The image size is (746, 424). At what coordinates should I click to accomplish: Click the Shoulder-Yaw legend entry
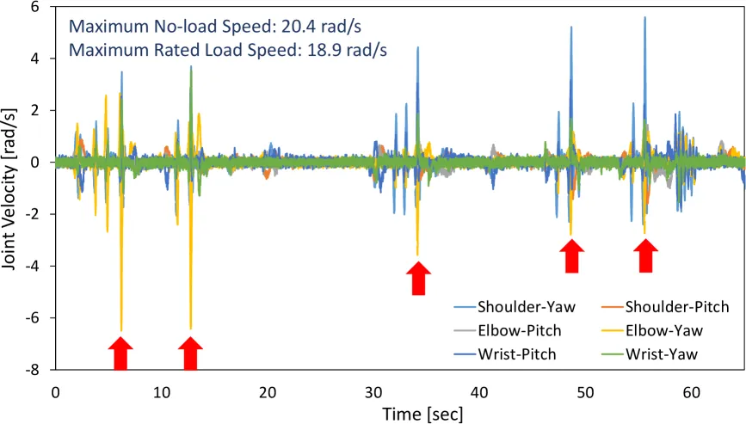tap(515, 307)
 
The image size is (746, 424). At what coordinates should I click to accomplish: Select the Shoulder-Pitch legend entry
tap(665, 307)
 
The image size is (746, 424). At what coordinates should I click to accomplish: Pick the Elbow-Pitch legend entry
tap(508, 331)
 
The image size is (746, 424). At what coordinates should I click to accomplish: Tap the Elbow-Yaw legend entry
tap(652, 331)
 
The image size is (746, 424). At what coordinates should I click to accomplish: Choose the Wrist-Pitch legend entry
tap(505, 354)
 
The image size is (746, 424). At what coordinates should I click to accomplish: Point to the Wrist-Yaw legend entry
tap(650, 354)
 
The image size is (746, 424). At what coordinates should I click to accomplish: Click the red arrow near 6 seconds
tap(120, 353)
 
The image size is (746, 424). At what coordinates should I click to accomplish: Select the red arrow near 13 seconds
tap(190, 353)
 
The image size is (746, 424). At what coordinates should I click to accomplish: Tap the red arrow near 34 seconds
tap(419, 278)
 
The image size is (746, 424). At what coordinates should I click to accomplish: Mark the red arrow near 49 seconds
tap(571, 255)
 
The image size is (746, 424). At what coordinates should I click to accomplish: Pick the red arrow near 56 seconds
tap(645, 255)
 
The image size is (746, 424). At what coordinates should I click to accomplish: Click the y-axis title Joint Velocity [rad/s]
tap(9, 189)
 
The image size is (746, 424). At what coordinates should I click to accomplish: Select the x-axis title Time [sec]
tap(422, 414)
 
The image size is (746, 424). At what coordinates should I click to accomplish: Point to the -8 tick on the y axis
tap(34, 369)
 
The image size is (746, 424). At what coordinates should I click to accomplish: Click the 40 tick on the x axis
tap(479, 392)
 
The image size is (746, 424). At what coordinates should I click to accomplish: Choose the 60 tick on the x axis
tap(692, 392)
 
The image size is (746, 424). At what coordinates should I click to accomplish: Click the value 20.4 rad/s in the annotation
tap(321, 26)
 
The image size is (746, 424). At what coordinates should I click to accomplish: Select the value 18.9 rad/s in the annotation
tap(347, 49)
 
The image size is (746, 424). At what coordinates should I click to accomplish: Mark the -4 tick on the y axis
tap(34, 266)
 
